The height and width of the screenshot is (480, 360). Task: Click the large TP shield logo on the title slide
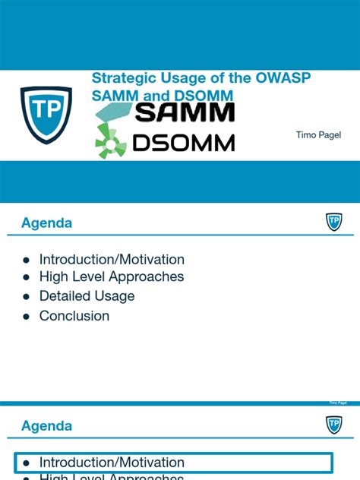[x=46, y=115]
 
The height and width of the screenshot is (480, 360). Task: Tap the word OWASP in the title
[x=284, y=78]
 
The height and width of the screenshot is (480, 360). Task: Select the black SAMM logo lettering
[x=185, y=113]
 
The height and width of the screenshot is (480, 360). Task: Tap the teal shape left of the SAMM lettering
[x=113, y=114]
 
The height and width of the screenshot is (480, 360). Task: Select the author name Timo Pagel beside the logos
[x=318, y=134]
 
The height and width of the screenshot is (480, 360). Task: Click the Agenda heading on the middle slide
[x=47, y=223]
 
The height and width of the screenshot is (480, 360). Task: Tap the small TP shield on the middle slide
[x=333, y=222]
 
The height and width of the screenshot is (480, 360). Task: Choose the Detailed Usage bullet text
[x=87, y=296]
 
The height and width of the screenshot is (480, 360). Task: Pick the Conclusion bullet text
[x=74, y=315]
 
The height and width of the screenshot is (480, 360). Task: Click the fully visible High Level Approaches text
[x=112, y=277]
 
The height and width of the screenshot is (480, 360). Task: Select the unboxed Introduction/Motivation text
[x=112, y=259]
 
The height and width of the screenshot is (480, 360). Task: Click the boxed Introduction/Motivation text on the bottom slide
[x=112, y=462]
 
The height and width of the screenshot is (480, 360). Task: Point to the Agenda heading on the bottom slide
[x=47, y=426]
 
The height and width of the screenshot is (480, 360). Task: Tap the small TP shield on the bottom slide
[x=333, y=425]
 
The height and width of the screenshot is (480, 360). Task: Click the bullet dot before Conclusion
[x=26, y=316]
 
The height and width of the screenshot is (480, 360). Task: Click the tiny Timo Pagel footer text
[x=338, y=403]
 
